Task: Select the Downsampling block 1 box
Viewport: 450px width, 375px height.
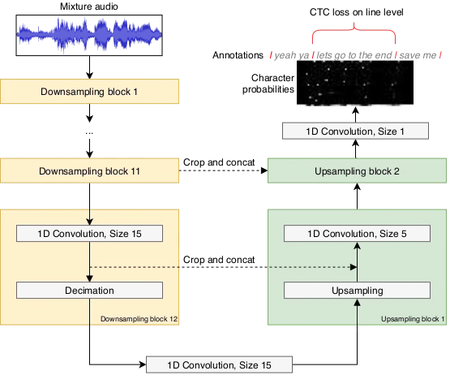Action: (89, 92)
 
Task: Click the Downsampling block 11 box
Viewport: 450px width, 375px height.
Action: (89, 171)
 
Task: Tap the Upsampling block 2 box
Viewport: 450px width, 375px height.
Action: (357, 171)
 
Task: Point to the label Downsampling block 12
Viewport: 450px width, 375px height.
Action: (139, 320)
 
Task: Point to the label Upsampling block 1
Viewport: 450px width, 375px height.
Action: (412, 320)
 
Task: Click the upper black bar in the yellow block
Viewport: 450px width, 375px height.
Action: (89, 234)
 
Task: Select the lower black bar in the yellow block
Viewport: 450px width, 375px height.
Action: (89, 291)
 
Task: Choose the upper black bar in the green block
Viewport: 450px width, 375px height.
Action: (356, 234)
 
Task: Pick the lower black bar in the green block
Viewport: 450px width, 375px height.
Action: (356, 291)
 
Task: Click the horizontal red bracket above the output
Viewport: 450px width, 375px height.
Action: (353, 32)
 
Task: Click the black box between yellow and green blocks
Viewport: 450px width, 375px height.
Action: (221, 263)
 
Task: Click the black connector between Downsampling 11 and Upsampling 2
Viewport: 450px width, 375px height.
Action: (221, 167)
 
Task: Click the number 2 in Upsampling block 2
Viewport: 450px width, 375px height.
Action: (396, 171)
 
